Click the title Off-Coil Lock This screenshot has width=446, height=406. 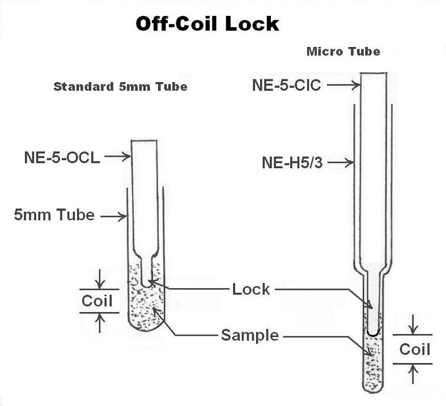[x=207, y=24]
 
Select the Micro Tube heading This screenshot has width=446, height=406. [x=343, y=52]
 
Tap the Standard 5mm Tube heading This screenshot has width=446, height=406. [x=120, y=87]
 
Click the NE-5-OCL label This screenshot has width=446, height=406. [x=62, y=157]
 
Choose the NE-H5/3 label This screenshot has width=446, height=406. [x=294, y=163]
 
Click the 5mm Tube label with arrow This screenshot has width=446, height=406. [x=54, y=215]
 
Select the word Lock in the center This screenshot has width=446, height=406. [x=251, y=289]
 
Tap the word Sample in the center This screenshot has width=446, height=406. [x=250, y=335]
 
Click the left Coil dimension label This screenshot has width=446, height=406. [x=97, y=301]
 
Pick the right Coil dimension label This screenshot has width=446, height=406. [x=415, y=349]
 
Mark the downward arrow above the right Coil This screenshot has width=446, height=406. [x=415, y=324]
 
